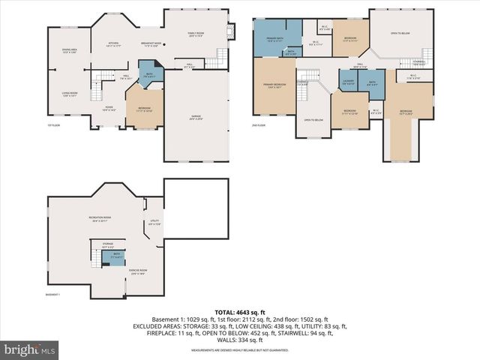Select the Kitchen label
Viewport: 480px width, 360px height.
coord(115,44)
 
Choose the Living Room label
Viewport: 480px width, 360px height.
coord(70,94)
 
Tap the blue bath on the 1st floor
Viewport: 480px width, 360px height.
coord(147,75)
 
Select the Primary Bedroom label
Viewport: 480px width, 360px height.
coord(274,85)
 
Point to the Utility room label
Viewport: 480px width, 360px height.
coord(154,223)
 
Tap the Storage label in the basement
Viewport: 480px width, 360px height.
coord(107,246)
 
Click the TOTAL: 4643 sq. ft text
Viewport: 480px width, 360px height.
coord(239,311)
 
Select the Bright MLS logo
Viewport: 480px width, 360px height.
coord(30,349)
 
